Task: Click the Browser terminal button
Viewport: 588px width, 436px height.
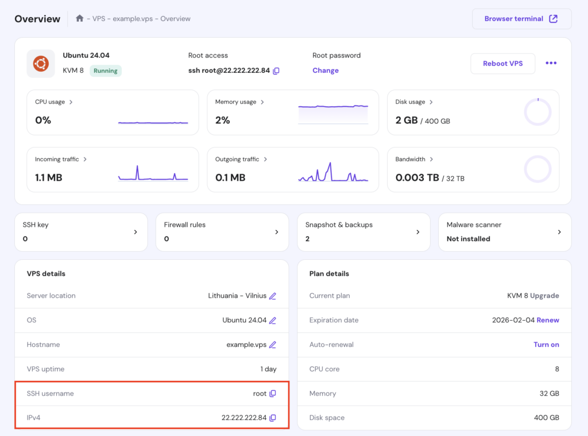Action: coord(521,19)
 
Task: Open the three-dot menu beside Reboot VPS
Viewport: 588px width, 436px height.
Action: coord(551,63)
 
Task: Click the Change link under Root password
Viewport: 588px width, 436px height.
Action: coord(326,71)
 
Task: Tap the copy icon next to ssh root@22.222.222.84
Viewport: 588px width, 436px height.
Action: coord(276,71)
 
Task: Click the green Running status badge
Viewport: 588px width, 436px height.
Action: coord(106,71)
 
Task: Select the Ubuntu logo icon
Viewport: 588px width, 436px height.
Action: coord(41,63)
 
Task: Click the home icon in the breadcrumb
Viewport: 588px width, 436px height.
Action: coord(80,19)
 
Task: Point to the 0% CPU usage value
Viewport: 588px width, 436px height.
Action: coord(43,120)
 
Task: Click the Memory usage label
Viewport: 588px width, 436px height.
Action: coord(235,102)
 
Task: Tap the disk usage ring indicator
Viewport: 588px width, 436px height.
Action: coord(537,112)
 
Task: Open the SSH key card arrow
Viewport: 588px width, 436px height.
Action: coord(136,232)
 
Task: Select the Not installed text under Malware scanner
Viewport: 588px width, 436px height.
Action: coord(468,239)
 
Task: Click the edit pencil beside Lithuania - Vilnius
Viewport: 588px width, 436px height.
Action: coord(273,296)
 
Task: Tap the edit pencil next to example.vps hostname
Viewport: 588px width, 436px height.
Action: coord(273,345)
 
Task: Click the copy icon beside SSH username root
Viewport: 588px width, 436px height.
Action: coord(273,394)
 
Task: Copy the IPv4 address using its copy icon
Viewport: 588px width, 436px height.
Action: coord(273,418)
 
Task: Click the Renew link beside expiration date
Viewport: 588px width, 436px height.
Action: coord(548,320)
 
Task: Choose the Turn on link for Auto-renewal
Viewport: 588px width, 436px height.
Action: coord(546,345)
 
